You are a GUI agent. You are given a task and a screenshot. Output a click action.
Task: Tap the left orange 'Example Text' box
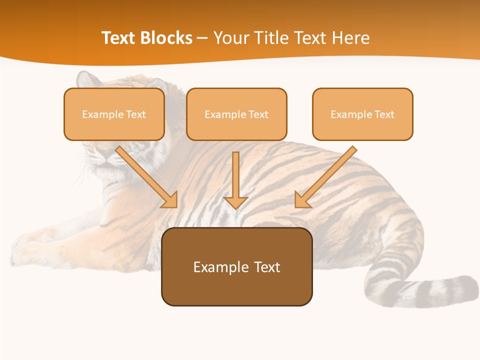114,114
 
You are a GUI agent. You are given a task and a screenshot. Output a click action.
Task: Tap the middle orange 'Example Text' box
236,114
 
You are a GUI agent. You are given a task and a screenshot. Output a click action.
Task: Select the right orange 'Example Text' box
362,114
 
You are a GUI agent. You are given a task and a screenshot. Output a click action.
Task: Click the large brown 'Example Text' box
236,266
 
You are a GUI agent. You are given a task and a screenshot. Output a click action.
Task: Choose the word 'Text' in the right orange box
384,114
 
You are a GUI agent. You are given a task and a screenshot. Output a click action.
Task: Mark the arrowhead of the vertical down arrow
236,202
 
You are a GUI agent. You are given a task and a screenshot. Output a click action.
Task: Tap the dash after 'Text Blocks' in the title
202,38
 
